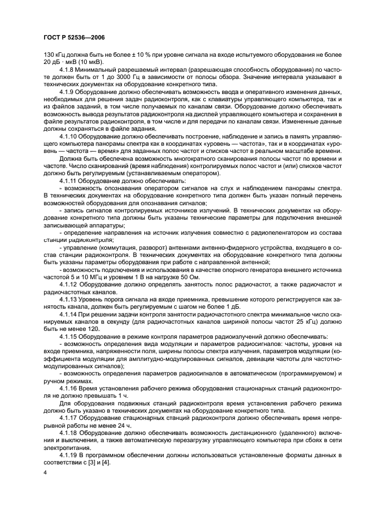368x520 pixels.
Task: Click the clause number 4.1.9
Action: pyautogui.click(x=67, y=91)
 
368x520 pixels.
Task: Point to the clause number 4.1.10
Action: pyautogui.click(x=68, y=136)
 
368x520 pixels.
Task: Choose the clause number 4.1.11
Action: pyautogui.click(x=68, y=181)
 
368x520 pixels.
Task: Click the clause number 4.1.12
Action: pyautogui.click(x=68, y=284)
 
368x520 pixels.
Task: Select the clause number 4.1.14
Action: pyautogui.click(x=68, y=314)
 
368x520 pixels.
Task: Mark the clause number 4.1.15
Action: pyautogui.click(x=68, y=337)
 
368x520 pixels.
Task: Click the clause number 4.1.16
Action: pyautogui.click(x=68, y=388)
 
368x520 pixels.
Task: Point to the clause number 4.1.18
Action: pyautogui.click(x=68, y=433)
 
